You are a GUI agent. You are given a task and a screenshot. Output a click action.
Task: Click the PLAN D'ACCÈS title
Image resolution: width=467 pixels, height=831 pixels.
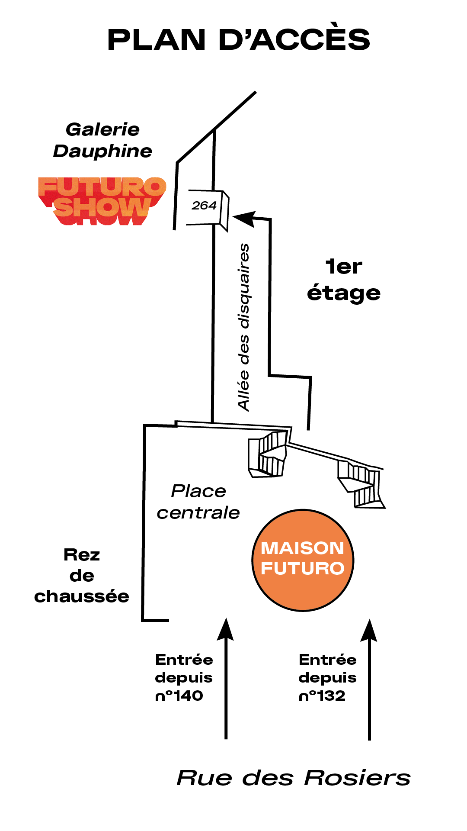(x=239, y=40)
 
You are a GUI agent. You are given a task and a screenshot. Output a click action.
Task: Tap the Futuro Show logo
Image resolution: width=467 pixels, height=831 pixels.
(x=102, y=201)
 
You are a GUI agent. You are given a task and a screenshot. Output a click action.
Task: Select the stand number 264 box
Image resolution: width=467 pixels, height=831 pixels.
(x=205, y=206)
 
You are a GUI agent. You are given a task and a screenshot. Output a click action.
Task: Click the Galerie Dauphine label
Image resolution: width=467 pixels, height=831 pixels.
(x=102, y=140)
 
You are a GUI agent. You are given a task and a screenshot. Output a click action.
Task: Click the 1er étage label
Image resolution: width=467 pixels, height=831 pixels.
(x=344, y=280)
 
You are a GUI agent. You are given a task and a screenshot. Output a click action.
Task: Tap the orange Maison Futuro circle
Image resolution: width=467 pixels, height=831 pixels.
(x=303, y=560)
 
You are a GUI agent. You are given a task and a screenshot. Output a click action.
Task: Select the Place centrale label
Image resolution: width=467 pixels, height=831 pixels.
(x=198, y=502)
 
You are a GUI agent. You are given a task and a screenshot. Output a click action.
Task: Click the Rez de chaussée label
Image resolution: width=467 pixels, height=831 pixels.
(x=82, y=576)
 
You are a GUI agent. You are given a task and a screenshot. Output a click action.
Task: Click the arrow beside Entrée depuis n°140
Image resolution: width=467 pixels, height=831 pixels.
(x=225, y=680)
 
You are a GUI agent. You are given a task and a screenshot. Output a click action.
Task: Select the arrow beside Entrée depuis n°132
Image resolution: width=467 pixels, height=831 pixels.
(x=369, y=680)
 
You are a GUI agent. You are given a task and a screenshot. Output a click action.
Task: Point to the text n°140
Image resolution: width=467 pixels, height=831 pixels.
(x=179, y=696)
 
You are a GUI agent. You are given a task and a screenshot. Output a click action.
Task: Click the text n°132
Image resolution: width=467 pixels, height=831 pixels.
(x=322, y=696)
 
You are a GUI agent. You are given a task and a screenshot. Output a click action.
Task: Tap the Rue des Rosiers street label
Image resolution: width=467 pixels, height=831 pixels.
(x=294, y=778)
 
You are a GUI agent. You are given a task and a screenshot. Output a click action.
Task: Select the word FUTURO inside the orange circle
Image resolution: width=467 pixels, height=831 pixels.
(x=303, y=569)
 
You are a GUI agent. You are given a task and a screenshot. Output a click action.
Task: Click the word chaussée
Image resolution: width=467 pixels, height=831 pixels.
(x=82, y=597)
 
